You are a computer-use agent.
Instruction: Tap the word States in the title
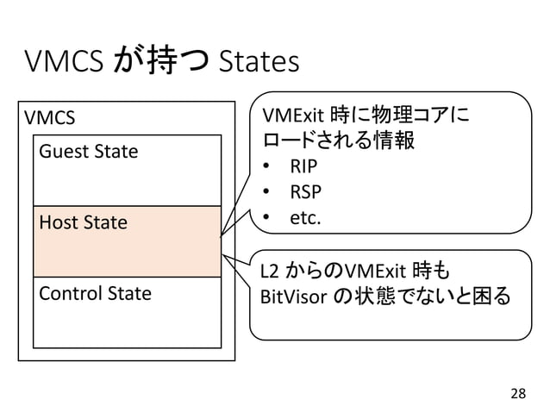259,62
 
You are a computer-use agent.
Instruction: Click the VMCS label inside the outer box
50,116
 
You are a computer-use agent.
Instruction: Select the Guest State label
88,153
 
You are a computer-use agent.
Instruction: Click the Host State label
83,223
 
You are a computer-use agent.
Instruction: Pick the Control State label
94,293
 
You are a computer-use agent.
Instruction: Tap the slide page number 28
516,393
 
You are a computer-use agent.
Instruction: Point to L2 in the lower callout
271,273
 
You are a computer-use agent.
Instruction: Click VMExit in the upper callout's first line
293,115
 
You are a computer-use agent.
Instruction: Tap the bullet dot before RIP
269,166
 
